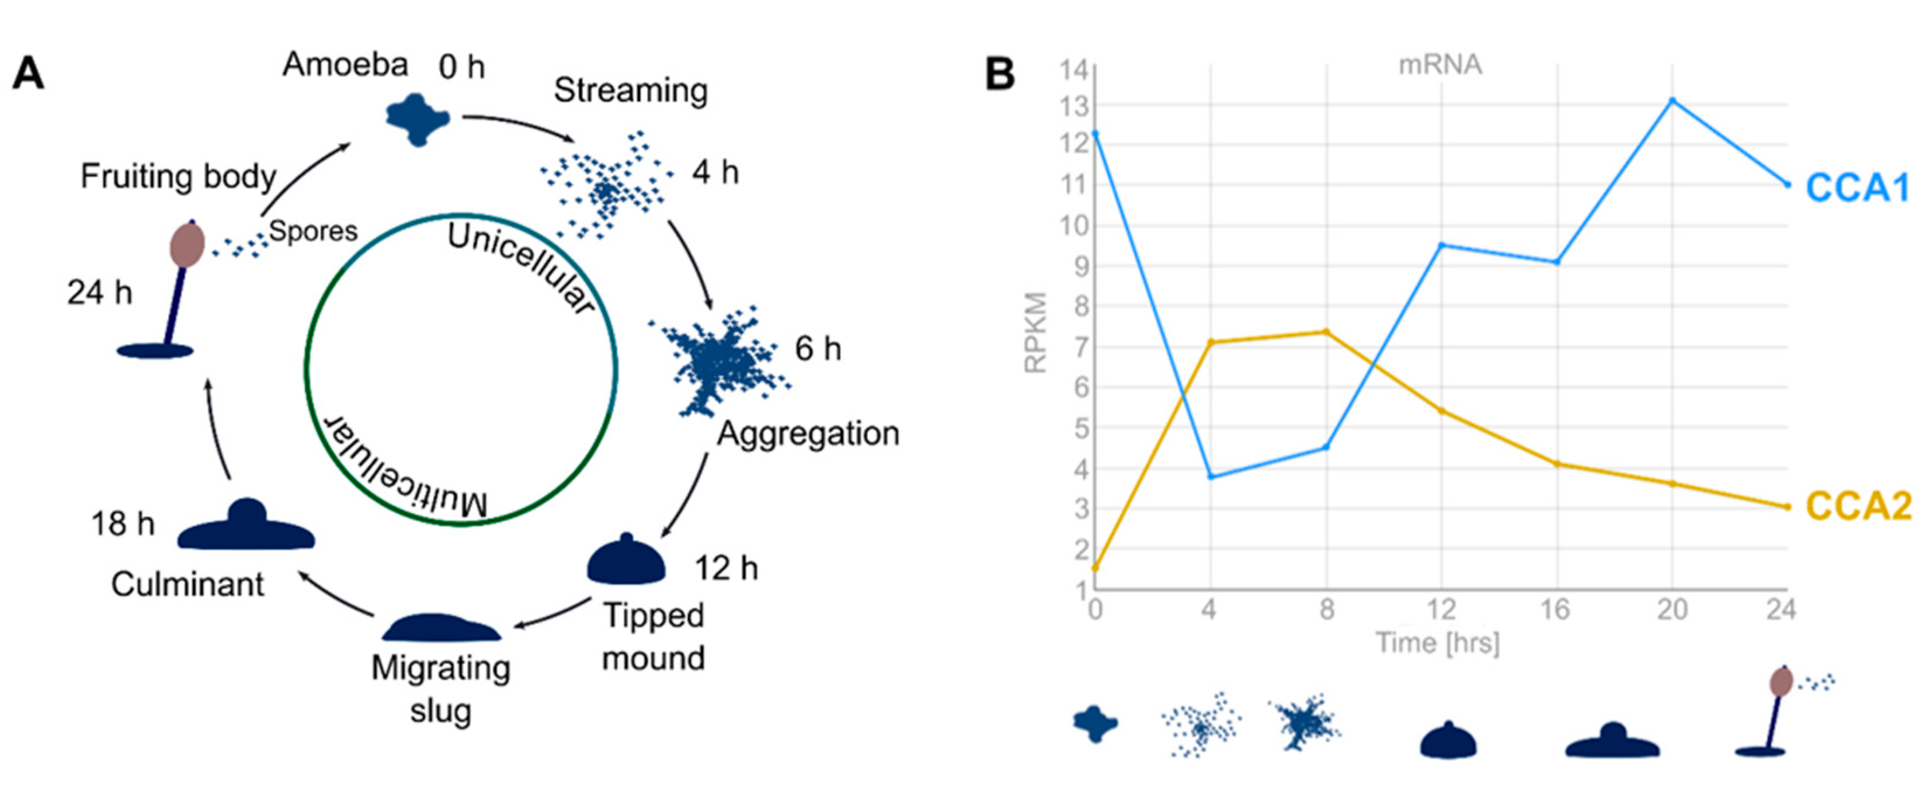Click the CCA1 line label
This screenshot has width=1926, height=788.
(x=1857, y=187)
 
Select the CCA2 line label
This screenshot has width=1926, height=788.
(x=1858, y=506)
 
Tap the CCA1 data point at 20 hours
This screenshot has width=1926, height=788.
(x=1673, y=100)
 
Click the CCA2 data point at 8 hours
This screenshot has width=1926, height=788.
(x=1326, y=331)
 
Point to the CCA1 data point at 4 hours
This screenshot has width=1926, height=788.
(x=1211, y=476)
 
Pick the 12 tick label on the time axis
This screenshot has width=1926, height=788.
(x=1441, y=610)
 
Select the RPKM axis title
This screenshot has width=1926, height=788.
(x=1035, y=332)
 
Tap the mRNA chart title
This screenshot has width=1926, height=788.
(x=1440, y=65)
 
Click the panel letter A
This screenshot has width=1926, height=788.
(x=29, y=74)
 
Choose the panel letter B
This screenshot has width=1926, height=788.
(x=1000, y=74)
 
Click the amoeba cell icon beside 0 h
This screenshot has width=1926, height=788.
(x=417, y=118)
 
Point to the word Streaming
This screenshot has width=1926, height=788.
(x=630, y=91)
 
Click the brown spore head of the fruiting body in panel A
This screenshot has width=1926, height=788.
(x=187, y=245)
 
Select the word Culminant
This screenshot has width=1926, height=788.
(x=187, y=584)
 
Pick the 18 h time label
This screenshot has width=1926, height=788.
(x=123, y=523)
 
